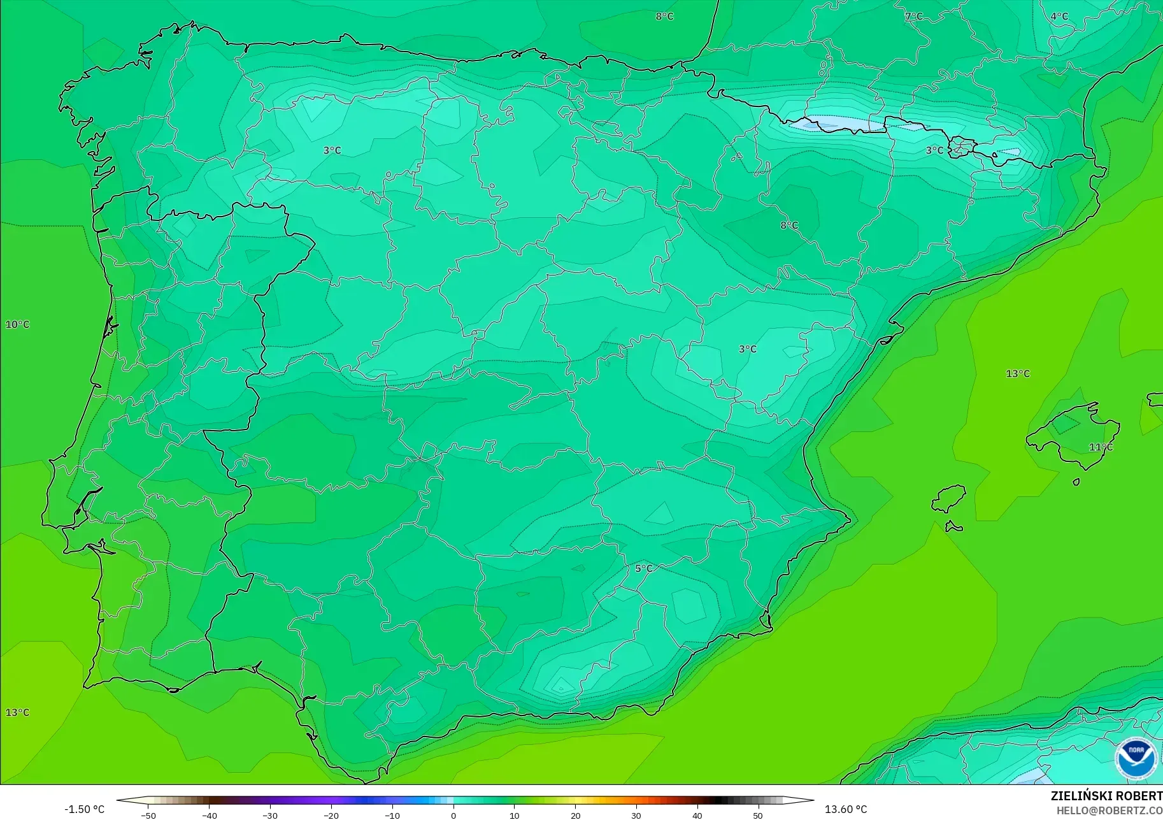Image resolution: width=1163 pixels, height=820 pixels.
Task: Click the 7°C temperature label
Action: click(x=913, y=17)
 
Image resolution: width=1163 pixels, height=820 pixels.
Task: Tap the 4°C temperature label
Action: click(x=1059, y=17)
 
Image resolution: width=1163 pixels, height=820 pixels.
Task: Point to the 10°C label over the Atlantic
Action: click(x=17, y=324)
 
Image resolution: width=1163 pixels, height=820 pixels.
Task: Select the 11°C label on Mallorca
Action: click(x=1101, y=447)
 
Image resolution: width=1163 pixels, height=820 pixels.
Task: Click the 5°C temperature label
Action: click(x=644, y=568)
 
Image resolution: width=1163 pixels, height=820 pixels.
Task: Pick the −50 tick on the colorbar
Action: click(x=148, y=815)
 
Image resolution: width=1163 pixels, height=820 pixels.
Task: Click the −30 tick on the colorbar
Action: click(x=270, y=815)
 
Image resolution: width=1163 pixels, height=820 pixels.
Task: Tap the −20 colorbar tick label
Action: click(x=331, y=815)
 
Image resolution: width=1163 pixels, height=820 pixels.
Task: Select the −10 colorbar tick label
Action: click(x=392, y=815)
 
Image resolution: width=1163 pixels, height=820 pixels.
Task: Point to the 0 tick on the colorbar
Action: click(x=453, y=815)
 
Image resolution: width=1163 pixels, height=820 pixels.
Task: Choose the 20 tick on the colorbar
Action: click(x=575, y=815)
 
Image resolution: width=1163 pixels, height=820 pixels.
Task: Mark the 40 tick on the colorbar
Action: click(x=697, y=815)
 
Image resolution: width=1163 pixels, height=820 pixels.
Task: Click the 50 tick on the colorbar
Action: click(x=757, y=815)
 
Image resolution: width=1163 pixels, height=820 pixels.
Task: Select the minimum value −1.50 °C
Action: click(x=84, y=809)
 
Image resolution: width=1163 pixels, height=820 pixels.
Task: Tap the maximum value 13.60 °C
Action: click(x=846, y=809)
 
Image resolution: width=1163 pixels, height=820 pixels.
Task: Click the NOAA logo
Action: click(x=1136, y=758)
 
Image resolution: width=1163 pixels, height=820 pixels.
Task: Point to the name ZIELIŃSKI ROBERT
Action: click(x=1106, y=796)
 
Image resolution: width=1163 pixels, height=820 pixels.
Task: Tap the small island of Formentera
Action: click(x=953, y=527)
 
